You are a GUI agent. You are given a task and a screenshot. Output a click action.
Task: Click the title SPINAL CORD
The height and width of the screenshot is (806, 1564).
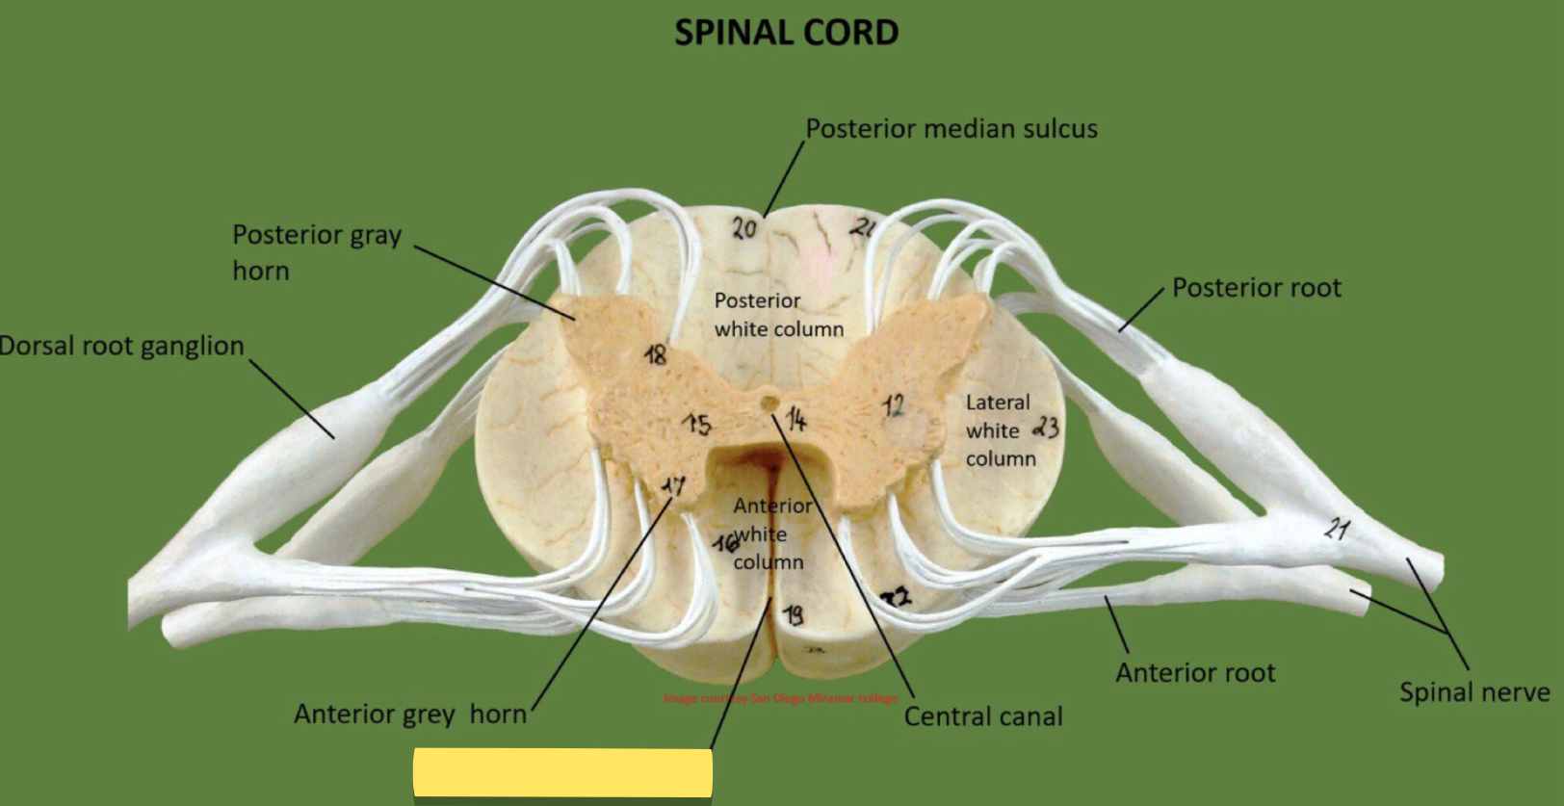pos(786,33)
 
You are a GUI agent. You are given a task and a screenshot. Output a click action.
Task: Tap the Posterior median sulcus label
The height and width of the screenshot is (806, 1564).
pos(951,129)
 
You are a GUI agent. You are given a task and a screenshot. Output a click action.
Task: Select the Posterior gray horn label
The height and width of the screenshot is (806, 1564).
pos(316,252)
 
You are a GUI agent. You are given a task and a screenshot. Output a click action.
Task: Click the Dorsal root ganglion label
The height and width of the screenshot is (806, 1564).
pos(121,346)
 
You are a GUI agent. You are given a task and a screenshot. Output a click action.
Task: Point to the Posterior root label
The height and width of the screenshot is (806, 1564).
pos(1256,288)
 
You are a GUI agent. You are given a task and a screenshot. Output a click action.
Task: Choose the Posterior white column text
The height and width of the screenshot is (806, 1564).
pos(778,315)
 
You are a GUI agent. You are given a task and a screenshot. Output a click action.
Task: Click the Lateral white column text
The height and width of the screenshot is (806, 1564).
pos(1000,430)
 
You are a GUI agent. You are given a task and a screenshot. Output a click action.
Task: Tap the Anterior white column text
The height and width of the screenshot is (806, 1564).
pos(770,533)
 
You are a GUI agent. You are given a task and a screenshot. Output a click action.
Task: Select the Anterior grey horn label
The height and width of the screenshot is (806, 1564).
pos(410,714)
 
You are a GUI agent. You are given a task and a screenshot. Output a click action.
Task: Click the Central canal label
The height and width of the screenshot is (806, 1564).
pos(982,716)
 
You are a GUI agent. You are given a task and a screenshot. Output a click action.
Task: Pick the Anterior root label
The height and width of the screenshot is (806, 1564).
pos(1194,673)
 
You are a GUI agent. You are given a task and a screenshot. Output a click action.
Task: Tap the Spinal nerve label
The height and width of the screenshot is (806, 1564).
pos(1473,692)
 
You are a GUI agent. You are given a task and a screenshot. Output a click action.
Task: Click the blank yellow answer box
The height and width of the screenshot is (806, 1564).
pos(562,772)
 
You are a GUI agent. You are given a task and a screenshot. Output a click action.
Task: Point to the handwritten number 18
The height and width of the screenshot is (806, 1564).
pos(656,355)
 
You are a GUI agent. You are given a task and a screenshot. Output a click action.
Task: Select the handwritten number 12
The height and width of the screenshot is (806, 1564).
pos(894,405)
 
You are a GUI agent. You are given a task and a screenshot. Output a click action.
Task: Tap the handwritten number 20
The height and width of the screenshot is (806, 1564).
pos(743,228)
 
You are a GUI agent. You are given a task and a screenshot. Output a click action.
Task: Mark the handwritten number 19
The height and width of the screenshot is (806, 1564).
pos(793,614)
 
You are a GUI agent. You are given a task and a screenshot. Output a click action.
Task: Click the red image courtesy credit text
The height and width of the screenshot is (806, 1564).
pos(780,698)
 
